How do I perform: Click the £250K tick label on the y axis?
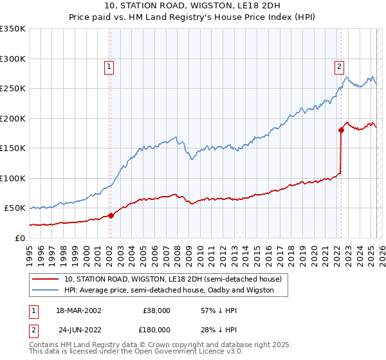[13, 89]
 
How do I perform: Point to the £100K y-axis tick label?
[13, 178]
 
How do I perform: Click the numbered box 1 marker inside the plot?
[110, 65]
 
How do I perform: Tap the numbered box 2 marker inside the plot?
[339, 65]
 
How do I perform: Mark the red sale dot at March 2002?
[111, 215]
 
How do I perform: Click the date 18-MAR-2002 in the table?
[79, 310]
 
